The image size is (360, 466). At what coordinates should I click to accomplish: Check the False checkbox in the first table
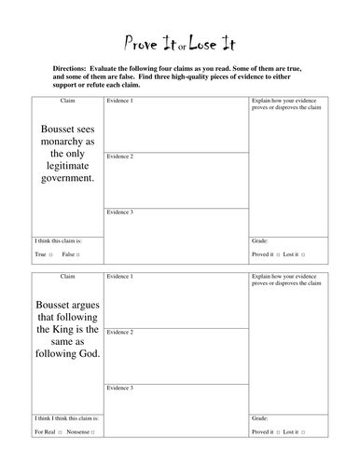pos(78,254)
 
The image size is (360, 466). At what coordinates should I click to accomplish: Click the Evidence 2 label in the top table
pos(119,157)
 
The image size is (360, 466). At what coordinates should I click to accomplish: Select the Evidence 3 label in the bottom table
pos(119,387)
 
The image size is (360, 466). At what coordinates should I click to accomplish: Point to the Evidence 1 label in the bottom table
pos(119,277)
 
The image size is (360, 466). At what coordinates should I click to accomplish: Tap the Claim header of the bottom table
pos(67,277)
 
